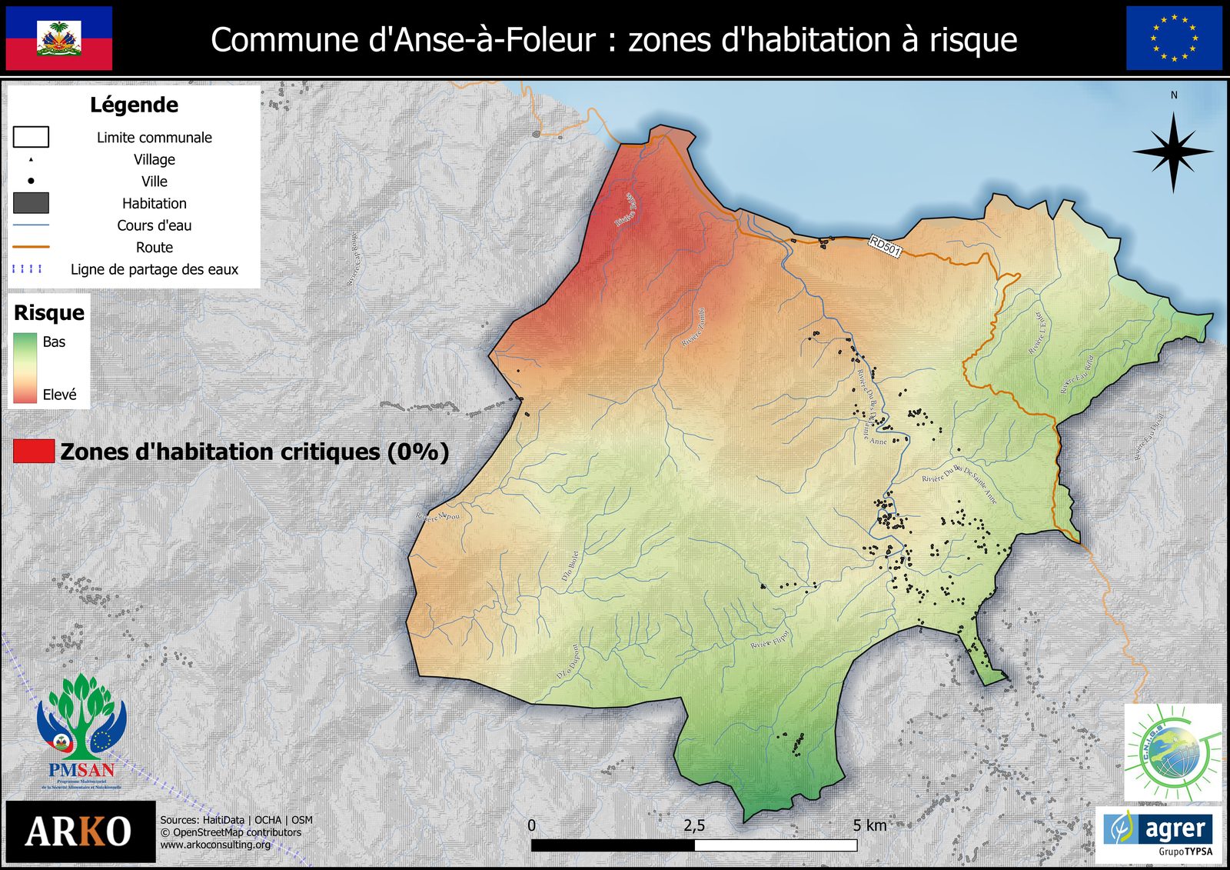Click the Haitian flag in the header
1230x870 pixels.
click(59, 38)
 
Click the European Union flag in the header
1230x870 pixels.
click(1174, 38)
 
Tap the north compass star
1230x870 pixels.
click(1173, 152)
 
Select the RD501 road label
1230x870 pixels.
click(885, 246)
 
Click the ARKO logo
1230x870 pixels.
click(79, 832)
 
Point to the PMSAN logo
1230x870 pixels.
click(81, 731)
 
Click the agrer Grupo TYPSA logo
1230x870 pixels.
click(1159, 833)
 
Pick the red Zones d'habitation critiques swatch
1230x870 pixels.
click(34, 452)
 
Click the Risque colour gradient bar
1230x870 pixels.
click(25, 368)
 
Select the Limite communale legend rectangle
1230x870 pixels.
click(31, 137)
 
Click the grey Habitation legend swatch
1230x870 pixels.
click(31, 203)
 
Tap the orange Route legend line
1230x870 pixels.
click(31, 247)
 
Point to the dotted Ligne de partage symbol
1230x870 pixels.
click(28, 269)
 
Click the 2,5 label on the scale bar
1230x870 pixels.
click(694, 825)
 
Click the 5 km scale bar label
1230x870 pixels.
click(869, 825)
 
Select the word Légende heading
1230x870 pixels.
click(134, 105)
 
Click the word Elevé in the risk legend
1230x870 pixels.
click(59, 395)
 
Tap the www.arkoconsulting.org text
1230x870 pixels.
click(215, 845)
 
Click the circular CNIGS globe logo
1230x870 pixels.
click(1172, 753)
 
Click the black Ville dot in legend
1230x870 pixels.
click(31, 182)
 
